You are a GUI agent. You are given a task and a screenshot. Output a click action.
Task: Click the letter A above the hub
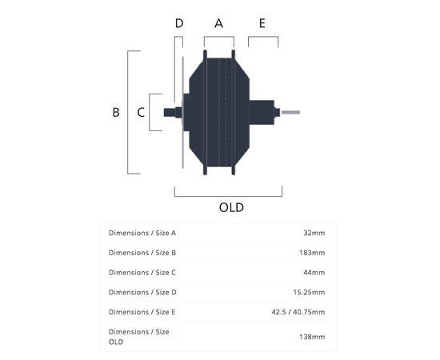218,23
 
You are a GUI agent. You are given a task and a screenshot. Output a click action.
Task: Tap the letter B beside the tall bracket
116,112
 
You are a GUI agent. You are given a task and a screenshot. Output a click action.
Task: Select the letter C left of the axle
141,112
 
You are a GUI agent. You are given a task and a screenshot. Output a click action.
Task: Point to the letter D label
179,23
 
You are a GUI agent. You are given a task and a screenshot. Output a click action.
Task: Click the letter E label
262,23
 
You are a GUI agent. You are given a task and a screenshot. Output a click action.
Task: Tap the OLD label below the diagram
231,208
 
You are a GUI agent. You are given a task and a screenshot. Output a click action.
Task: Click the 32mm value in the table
314,233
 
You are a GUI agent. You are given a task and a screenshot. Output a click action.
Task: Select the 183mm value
312,253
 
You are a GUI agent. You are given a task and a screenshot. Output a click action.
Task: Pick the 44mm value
314,273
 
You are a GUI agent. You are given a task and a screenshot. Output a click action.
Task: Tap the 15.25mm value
309,292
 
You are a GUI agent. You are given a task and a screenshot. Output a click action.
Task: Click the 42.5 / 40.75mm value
298,312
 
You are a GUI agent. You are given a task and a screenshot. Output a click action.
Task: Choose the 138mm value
312,337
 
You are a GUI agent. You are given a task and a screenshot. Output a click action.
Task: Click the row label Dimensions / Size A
142,233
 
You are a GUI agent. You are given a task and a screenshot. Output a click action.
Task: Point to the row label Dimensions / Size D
142,292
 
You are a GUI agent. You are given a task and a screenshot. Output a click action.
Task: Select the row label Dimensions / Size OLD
139,337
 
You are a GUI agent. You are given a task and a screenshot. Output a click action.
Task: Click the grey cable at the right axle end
290,112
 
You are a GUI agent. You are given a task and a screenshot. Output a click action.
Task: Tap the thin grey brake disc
182,112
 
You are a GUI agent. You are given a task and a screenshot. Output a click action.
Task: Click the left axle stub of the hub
170,113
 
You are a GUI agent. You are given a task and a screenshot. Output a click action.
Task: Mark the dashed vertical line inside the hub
226,112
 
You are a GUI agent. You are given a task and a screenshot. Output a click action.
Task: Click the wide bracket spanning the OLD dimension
228,196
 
